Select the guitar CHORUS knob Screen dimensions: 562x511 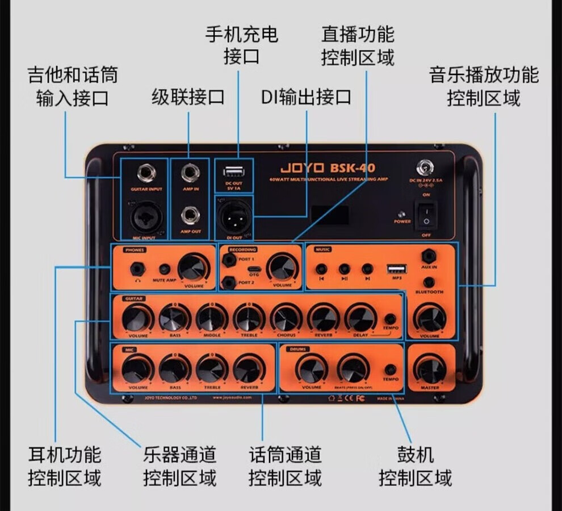[286, 318]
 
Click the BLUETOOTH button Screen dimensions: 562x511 [430, 282]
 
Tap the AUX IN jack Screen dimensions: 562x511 [430, 257]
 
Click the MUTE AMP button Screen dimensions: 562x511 [165, 269]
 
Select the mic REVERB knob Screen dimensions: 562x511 [249, 370]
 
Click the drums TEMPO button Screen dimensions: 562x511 [391, 370]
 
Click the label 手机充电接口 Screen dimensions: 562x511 [242, 45]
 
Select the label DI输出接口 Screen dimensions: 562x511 [306, 97]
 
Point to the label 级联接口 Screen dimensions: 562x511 [188, 97]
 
